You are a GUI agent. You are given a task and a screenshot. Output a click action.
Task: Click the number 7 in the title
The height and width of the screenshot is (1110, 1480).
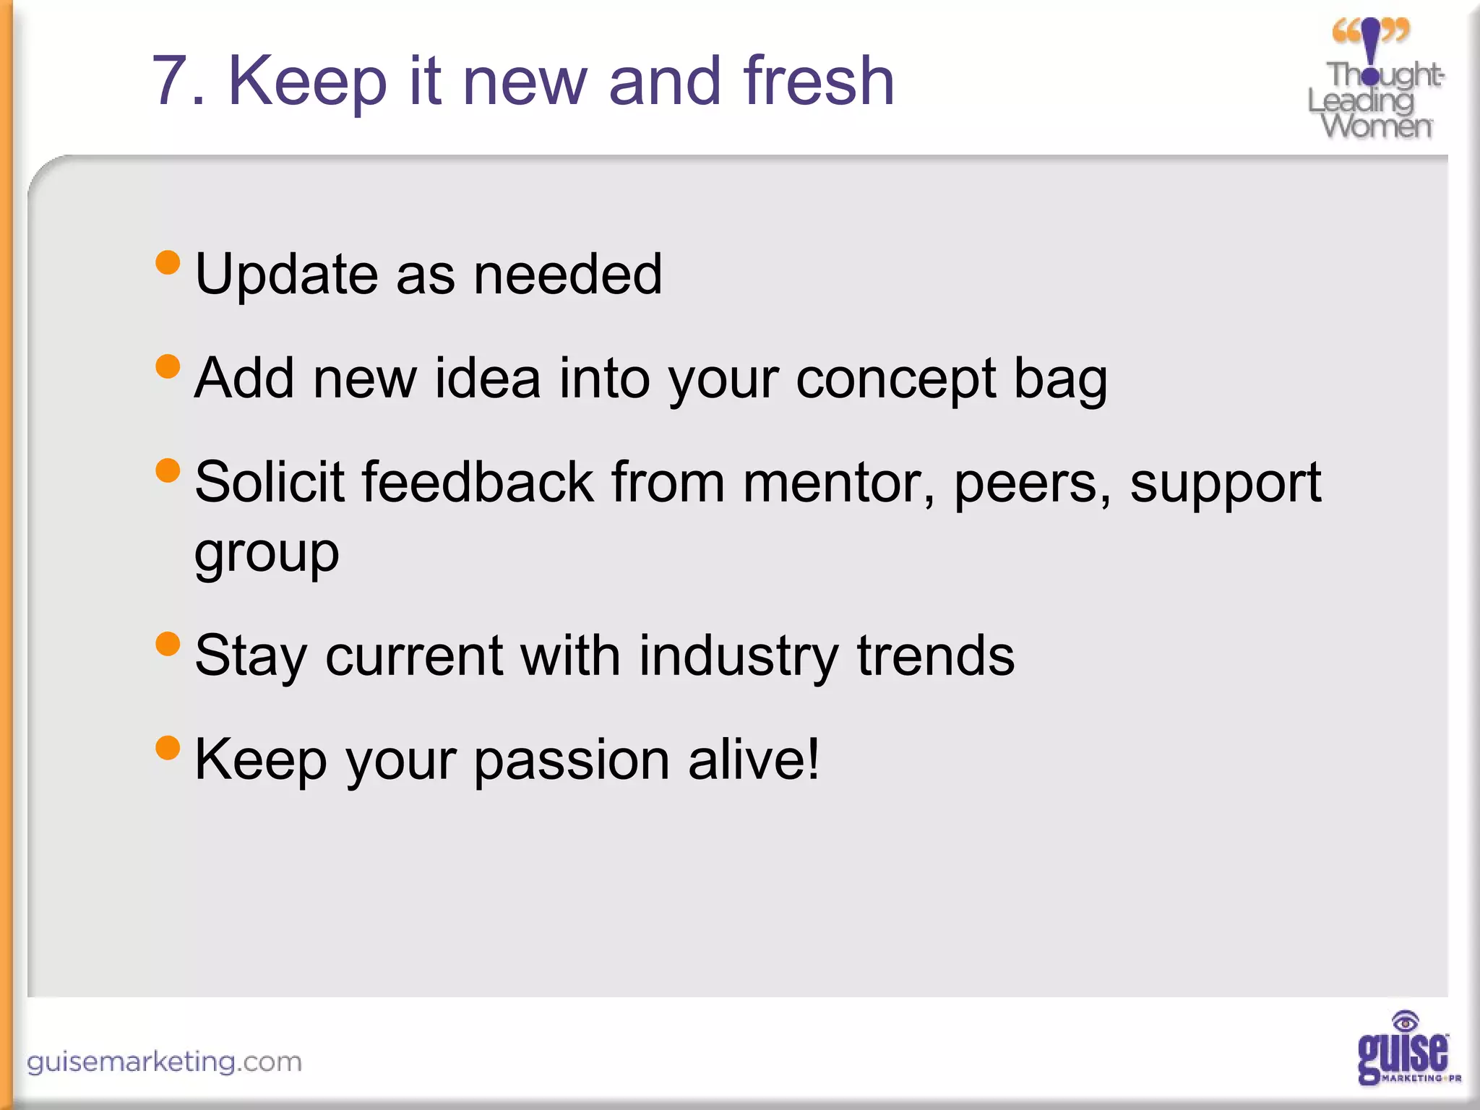point(171,82)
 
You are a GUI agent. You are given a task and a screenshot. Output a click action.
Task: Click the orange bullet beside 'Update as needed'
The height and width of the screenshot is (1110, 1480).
point(168,262)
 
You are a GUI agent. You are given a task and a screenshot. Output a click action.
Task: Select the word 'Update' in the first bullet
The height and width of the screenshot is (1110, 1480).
point(286,275)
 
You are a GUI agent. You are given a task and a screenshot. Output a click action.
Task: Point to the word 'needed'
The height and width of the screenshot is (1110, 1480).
point(567,274)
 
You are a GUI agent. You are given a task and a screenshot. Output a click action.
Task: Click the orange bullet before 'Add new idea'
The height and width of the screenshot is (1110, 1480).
point(168,366)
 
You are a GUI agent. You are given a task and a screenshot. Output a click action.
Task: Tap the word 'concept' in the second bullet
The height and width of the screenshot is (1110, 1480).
point(895,379)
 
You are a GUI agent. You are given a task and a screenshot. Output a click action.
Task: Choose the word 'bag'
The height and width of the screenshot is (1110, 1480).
point(1060,379)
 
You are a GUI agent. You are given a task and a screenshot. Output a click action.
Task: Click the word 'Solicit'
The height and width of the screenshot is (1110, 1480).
point(269,482)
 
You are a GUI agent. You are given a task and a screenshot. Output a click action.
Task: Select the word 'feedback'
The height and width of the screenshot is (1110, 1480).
point(477,482)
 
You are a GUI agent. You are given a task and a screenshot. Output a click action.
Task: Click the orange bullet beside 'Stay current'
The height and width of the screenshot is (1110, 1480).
point(168,644)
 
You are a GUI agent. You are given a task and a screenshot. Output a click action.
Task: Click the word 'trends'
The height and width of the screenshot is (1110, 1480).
point(935,655)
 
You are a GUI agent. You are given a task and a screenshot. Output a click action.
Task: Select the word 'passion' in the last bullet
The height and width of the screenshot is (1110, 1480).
point(572,760)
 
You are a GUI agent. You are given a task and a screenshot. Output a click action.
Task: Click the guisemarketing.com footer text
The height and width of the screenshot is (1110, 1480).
point(164,1062)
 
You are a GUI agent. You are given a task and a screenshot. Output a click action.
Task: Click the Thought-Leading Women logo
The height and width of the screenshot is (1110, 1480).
point(1374,79)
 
